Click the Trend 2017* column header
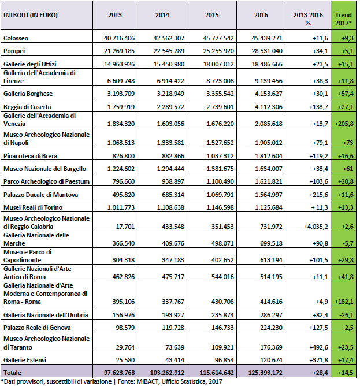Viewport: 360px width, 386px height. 343,19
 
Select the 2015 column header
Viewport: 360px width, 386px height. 211,15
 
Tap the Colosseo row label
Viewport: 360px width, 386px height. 16,38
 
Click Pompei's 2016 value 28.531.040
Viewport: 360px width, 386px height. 267,51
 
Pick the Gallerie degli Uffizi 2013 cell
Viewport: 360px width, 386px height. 120,64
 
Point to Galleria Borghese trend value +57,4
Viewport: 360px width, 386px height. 346,94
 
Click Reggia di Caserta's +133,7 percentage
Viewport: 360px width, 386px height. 318,107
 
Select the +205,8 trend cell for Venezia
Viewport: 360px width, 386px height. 344,124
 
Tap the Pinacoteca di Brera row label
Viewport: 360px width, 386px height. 30,156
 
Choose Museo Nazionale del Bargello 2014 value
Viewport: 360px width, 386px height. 170,169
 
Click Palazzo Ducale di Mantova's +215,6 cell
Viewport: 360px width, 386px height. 318,195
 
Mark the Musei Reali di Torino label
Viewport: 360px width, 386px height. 33,207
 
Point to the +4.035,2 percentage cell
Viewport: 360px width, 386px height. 316,227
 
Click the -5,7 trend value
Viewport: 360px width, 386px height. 348,243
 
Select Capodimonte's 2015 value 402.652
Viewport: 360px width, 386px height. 222,260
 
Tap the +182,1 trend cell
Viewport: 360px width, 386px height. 344,302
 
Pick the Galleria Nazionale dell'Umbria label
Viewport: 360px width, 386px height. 46,315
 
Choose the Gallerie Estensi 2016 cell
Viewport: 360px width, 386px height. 272,360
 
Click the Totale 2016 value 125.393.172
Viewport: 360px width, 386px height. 265,373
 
